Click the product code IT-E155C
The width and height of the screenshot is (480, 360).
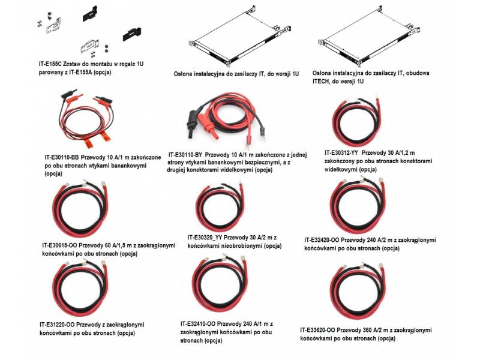[x=49, y=63]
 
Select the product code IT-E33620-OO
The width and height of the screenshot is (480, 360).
[x=321, y=330]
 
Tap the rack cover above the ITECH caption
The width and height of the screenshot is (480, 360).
[x=367, y=39]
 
